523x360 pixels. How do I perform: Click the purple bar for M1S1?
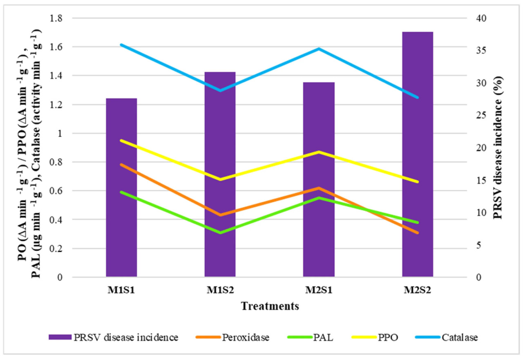click(x=121, y=188)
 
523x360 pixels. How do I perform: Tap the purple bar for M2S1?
click(x=319, y=180)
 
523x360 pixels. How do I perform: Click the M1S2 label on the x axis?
click(x=220, y=290)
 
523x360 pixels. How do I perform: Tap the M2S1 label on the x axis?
click(x=319, y=290)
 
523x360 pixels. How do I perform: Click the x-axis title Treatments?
click(x=270, y=306)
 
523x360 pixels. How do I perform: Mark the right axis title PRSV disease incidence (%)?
click(x=497, y=148)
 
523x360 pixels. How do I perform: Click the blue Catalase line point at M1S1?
click(x=121, y=45)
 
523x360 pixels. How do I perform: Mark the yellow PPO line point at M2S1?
click(x=319, y=152)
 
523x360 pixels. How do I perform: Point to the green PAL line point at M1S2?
click(x=220, y=233)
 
